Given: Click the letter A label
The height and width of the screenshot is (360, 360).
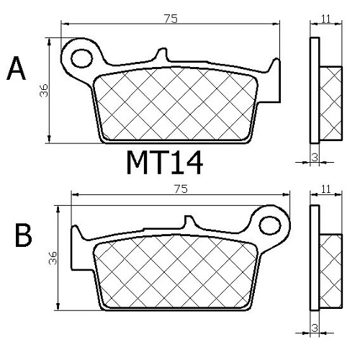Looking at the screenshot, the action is click(17, 68).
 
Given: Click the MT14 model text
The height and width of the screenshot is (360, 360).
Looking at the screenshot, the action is click(165, 163).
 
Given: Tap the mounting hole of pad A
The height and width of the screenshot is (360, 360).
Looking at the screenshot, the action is click(82, 58).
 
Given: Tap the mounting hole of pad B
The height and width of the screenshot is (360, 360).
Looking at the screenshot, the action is click(270, 225).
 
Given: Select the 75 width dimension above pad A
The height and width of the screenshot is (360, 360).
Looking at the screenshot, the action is click(171, 19).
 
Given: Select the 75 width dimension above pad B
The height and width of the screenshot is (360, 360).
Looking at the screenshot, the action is click(181, 189).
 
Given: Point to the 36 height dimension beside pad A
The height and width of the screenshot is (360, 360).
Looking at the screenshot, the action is click(44, 91).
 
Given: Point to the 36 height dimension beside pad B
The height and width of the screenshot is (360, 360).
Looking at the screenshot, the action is click(53, 258).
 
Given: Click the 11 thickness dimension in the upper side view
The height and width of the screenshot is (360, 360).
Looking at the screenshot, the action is click(326, 19).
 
